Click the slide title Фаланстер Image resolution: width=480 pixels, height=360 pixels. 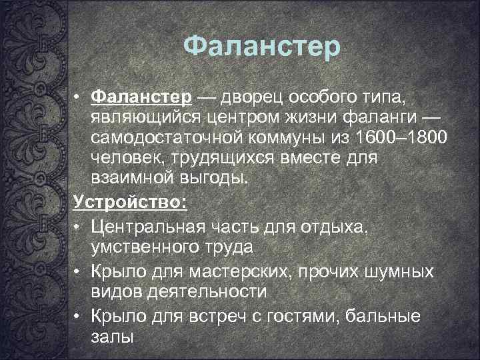(x=261, y=47)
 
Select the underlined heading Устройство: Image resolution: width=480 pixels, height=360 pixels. (x=130, y=201)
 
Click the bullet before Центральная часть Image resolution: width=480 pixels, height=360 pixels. (x=78, y=228)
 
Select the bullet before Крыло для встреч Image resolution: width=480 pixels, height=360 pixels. (x=78, y=316)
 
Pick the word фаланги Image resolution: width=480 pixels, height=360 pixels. (x=383, y=118)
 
